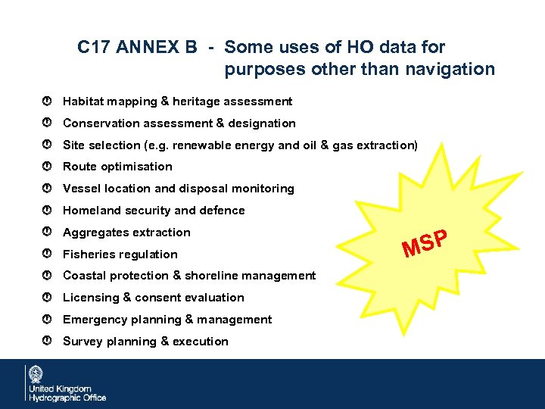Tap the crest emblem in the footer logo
36,375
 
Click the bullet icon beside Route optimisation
47,167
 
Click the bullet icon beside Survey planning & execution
47,342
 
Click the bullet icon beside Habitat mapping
47,101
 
